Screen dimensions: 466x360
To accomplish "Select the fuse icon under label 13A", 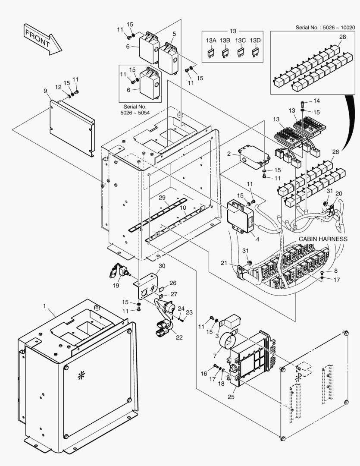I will pyautogui.click(x=211, y=53).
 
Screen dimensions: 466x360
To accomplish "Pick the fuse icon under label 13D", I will pyautogui.click(x=256, y=53).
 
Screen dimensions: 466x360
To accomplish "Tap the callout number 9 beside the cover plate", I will pyautogui.click(x=45, y=91).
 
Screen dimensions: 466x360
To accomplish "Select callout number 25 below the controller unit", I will pyautogui.click(x=231, y=396).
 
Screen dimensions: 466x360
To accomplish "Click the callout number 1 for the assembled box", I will pyautogui.click(x=44, y=305).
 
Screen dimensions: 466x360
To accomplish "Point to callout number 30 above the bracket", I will pyautogui.click(x=162, y=265).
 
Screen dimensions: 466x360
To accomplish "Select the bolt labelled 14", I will pyautogui.click(x=303, y=103).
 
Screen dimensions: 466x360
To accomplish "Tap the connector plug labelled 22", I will pyautogui.click(x=160, y=332).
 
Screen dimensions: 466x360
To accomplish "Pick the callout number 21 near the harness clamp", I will pyautogui.click(x=223, y=263).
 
